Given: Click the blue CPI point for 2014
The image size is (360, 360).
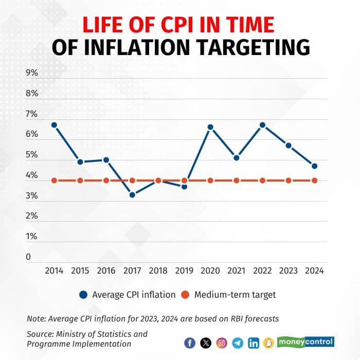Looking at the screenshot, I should tap(54, 125).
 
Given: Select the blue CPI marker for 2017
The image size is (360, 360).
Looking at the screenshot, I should tap(132, 194).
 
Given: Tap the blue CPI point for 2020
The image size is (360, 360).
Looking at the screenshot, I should tap(210, 127).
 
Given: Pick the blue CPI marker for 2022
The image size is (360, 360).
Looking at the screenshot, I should tap(262, 125).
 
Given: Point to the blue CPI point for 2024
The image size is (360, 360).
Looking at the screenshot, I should tap(314, 166).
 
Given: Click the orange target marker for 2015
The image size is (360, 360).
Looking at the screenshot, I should tap(80, 181).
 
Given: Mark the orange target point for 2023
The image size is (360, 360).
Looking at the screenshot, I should tap(289, 181).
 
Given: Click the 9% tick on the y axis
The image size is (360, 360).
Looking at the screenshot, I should tap(32, 73).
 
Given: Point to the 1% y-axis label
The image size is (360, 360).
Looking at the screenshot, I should tap(32, 237).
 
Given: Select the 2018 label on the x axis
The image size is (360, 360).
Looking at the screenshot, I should tap(158, 270).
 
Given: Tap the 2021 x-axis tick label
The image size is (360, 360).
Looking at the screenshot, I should tap(237, 270).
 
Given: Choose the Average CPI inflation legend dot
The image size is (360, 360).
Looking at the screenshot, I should tap(83, 295).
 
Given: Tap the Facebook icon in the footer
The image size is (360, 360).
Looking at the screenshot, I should tap(190, 343).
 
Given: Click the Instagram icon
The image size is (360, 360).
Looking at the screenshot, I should tap(222, 343).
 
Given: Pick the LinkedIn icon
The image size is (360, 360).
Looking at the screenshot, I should tap(254, 343).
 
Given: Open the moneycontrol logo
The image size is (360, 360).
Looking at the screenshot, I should tap(305, 341).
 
